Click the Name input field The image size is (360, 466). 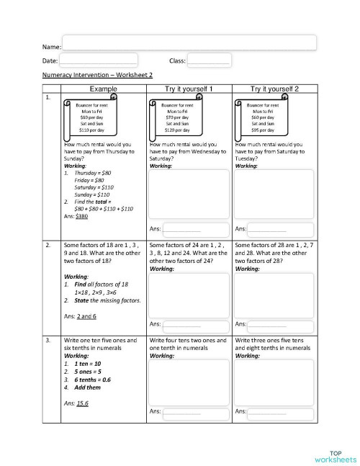[x=189, y=42]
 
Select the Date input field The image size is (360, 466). [x=99, y=61]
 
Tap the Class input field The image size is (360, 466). [x=208, y=61]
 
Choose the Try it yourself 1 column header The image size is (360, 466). [x=189, y=88]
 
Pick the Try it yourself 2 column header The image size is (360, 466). [x=274, y=88]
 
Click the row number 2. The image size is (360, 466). [x=48, y=246]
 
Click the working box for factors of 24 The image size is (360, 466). [x=189, y=295]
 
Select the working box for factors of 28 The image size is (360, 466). [x=274, y=295]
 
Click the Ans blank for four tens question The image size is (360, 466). [x=181, y=411]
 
